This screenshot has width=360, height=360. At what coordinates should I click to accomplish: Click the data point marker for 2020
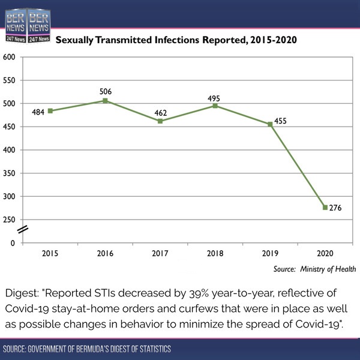pos(325,208)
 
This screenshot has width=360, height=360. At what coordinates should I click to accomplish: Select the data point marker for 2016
pos(106,101)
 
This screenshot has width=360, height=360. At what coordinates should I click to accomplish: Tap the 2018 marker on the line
pos(215,106)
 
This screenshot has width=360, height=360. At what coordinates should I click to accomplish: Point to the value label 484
pos(38,112)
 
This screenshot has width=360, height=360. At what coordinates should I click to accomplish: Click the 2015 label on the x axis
pos(50,254)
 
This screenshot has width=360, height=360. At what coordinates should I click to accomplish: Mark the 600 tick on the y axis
pos(9,57)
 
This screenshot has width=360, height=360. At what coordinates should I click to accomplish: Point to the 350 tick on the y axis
pos(9,173)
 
